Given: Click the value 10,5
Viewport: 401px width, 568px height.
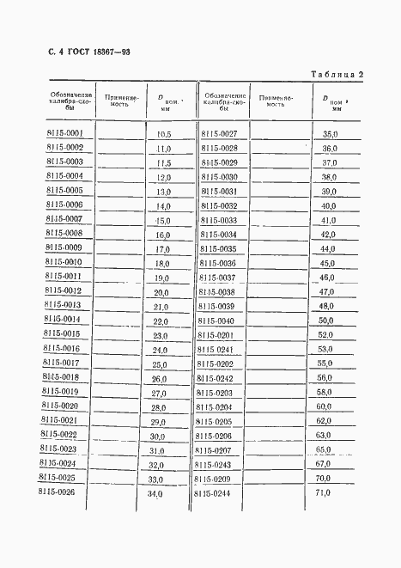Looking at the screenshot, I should tap(163, 134).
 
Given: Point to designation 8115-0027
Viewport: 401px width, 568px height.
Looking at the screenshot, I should tap(219, 133).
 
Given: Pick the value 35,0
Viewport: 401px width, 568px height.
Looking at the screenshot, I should tap(330, 134).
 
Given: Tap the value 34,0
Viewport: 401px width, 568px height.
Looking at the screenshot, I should tap(155, 494).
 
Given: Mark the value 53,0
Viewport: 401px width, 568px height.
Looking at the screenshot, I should tap(325, 350).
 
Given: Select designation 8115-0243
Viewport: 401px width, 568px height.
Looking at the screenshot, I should tap(214, 464).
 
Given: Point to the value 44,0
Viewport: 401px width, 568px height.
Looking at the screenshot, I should tap(327, 248).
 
